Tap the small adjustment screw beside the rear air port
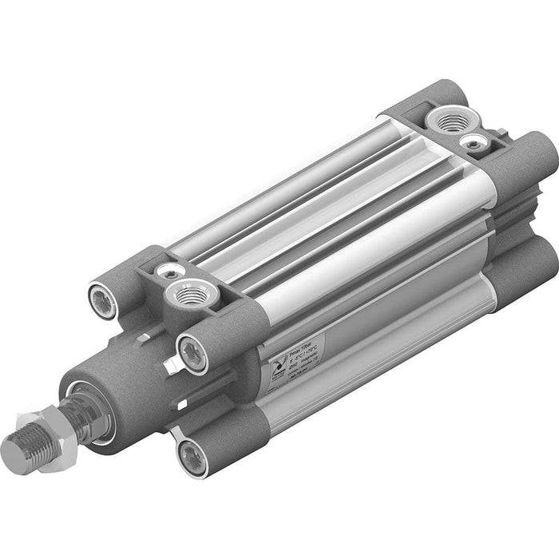[x=474, y=141]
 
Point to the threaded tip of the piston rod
[x=22, y=450]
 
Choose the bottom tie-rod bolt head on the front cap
[x=191, y=456]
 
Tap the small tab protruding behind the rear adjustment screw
[x=501, y=133]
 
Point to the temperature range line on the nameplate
[x=295, y=352]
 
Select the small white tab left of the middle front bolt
[x=168, y=367]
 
